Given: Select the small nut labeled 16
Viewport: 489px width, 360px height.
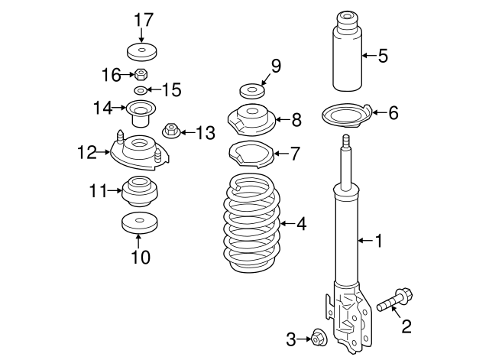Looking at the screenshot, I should click(x=141, y=75).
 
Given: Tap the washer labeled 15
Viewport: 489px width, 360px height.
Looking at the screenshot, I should click(x=141, y=91).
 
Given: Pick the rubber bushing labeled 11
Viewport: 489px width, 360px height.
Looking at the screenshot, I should click(x=140, y=191).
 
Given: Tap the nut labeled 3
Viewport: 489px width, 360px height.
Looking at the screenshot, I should click(x=319, y=336).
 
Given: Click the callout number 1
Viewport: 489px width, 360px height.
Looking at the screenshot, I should click(x=378, y=242).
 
